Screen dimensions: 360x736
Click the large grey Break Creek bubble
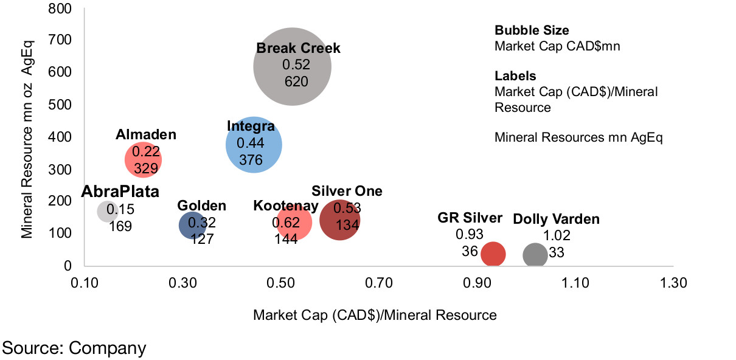(x=293, y=66)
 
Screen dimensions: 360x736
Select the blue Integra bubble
(x=254, y=145)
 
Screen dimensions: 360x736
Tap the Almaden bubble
(x=143, y=159)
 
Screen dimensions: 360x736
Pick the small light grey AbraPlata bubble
(x=107, y=211)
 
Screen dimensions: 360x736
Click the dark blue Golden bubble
(x=193, y=226)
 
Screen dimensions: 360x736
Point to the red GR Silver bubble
(x=493, y=254)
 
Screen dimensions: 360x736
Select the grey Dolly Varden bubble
(x=535, y=255)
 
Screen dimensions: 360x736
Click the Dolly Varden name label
(x=556, y=219)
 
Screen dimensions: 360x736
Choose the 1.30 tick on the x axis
(x=673, y=284)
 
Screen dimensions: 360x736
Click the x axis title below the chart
(x=375, y=315)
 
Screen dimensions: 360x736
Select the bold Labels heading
(x=515, y=76)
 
